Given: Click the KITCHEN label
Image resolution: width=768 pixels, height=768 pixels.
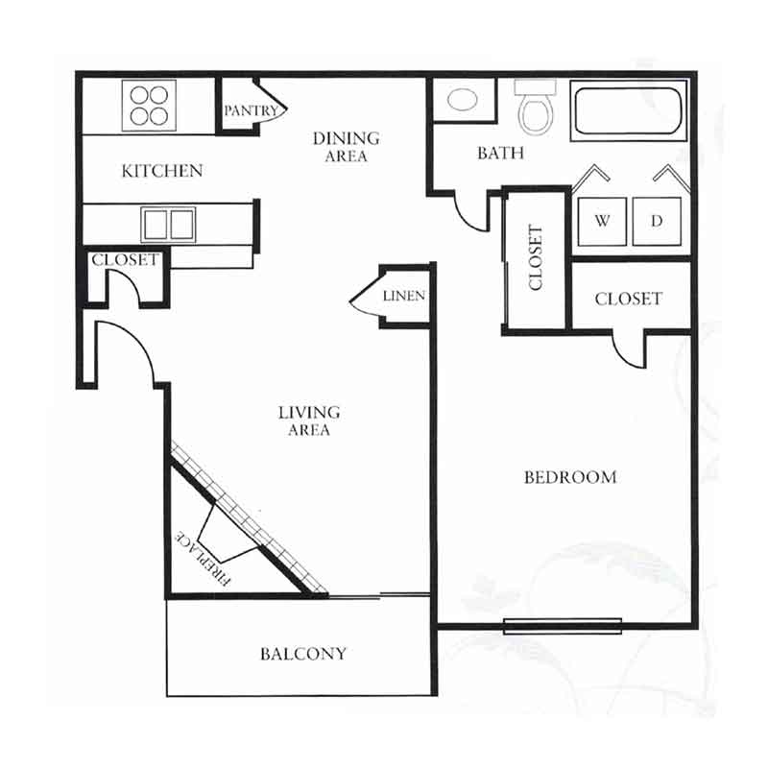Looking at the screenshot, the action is pyautogui.click(x=162, y=171).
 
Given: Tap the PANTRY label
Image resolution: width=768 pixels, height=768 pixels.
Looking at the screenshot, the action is pyautogui.click(x=251, y=110).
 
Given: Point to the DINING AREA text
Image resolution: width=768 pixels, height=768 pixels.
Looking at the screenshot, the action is pyautogui.click(x=347, y=147).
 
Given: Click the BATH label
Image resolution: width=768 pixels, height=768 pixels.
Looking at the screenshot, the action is pyautogui.click(x=500, y=154).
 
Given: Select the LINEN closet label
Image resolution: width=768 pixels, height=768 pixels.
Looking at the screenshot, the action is pyautogui.click(x=404, y=296).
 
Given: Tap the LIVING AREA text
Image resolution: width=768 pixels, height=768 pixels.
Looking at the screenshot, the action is pyautogui.click(x=309, y=420).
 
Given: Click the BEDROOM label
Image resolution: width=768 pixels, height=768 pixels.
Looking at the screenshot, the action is pyautogui.click(x=570, y=477).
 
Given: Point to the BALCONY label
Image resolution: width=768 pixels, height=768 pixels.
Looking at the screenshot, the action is pyautogui.click(x=303, y=654).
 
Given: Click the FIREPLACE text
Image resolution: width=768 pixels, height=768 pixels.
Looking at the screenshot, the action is pyautogui.click(x=203, y=559).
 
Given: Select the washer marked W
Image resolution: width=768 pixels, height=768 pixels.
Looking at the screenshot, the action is pyautogui.click(x=602, y=222).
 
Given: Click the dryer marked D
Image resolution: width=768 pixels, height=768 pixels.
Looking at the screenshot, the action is pyautogui.click(x=657, y=222).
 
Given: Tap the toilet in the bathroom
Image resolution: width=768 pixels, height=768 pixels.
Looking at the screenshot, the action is pyautogui.click(x=536, y=108).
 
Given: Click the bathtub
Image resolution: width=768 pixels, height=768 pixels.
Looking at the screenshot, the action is pyautogui.click(x=629, y=110).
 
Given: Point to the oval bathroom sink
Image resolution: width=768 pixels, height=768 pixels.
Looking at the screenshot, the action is pyautogui.click(x=463, y=100).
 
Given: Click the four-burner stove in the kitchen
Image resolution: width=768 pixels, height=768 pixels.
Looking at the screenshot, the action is pyautogui.click(x=149, y=106).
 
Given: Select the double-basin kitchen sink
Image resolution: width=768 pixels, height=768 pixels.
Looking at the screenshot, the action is pyautogui.click(x=168, y=225).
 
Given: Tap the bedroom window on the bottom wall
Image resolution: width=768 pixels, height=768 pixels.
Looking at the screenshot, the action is pyautogui.click(x=563, y=626).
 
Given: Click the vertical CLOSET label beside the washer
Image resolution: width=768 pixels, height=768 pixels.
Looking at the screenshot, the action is pyautogui.click(x=536, y=257).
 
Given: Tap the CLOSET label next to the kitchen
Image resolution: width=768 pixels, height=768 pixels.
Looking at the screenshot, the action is pyautogui.click(x=126, y=259).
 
